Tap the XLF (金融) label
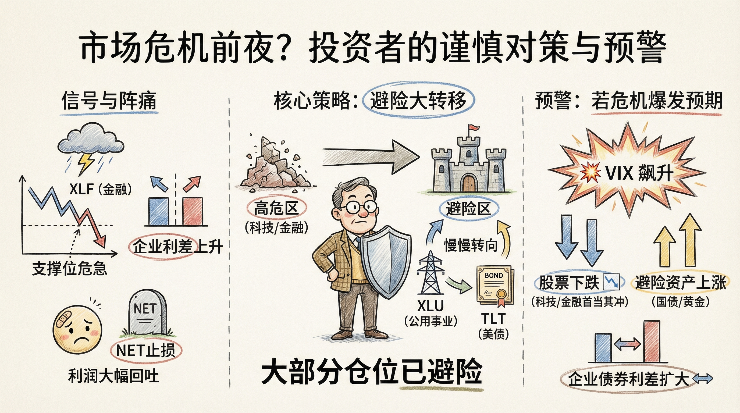tap(100, 189)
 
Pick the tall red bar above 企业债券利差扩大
tap(652, 342)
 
